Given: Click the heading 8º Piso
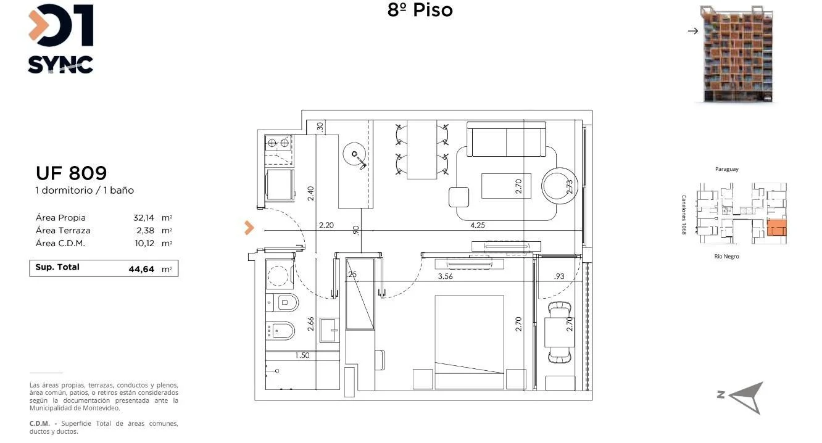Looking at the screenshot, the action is (x=420, y=10).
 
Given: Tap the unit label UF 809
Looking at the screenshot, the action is (x=71, y=173).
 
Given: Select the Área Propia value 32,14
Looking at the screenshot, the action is (x=144, y=218).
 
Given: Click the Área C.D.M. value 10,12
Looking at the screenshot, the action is (x=144, y=243).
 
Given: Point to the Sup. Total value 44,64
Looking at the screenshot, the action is (x=141, y=269).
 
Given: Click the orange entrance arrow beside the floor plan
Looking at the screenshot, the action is (x=249, y=228).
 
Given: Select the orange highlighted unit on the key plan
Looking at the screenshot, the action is (x=776, y=228).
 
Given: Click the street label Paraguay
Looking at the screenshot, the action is (x=726, y=169).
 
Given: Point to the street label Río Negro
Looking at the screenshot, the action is (x=726, y=256).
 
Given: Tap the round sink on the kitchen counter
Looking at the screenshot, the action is (x=354, y=154).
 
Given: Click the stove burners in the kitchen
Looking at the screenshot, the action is (x=278, y=143).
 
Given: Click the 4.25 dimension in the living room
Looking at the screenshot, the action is (x=478, y=225).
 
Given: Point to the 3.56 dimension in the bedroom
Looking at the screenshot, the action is (x=445, y=276).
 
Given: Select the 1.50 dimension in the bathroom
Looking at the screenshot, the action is (x=302, y=355).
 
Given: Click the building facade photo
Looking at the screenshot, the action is (x=737, y=54).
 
